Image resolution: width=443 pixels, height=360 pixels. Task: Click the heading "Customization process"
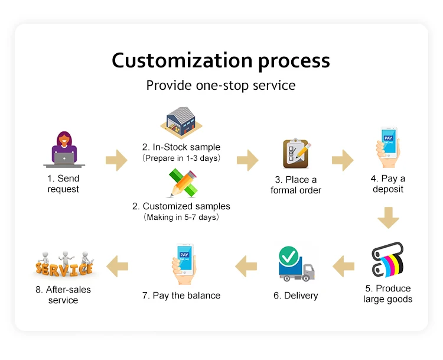221,60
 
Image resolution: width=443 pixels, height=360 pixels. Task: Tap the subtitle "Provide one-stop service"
221,85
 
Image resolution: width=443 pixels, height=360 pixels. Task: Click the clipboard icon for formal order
295,154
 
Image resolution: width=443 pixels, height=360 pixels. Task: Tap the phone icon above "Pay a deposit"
388,148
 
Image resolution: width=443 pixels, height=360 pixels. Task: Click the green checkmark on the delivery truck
288,257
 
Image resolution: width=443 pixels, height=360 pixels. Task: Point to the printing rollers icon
387,260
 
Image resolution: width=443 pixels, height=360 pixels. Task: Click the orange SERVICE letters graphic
64,265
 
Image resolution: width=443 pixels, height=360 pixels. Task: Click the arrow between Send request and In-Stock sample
116,160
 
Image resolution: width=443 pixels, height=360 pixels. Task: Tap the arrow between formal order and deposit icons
343,160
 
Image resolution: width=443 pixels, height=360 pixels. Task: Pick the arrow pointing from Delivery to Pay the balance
246,267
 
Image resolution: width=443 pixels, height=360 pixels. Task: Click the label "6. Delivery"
295,296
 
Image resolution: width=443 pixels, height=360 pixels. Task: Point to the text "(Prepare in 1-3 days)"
181,158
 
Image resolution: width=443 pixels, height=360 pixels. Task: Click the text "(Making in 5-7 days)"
181,218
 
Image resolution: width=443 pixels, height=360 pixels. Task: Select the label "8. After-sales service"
63,295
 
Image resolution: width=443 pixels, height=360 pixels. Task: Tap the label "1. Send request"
63,184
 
